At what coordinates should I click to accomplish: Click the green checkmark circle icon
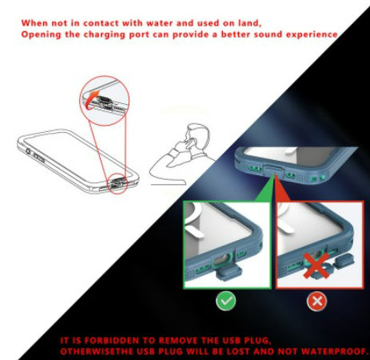[x=225, y=301]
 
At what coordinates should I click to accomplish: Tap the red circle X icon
[x=316, y=302]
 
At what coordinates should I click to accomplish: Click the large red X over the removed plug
[x=316, y=266]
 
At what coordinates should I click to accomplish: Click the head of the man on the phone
[x=198, y=136]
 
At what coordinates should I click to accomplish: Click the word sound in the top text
[x=268, y=34]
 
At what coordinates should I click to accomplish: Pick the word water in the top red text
[x=160, y=23]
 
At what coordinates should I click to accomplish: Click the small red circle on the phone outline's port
[x=117, y=184]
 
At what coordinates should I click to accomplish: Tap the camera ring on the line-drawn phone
[x=28, y=151]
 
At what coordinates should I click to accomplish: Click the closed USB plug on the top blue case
[x=273, y=170]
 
